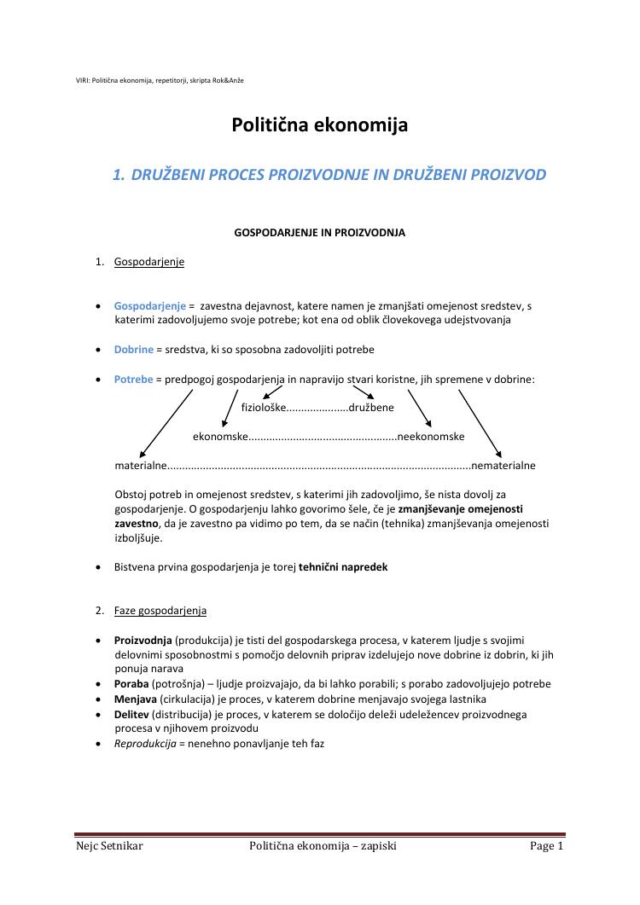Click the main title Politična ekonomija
tap(319, 125)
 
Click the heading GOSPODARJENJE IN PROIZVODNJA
tap(319, 232)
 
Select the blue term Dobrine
tap(134, 350)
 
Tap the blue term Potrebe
tap(133, 380)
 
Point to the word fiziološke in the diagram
tap(263, 408)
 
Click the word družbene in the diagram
tap(371, 408)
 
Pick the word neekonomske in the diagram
tap(431, 437)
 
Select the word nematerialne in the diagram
tap(503, 466)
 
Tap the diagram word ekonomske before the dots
tap(219, 437)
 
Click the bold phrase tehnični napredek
tap(343, 566)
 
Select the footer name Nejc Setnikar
tap(109, 846)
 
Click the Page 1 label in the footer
tap(546, 846)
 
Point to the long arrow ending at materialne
tap(166, 422)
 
